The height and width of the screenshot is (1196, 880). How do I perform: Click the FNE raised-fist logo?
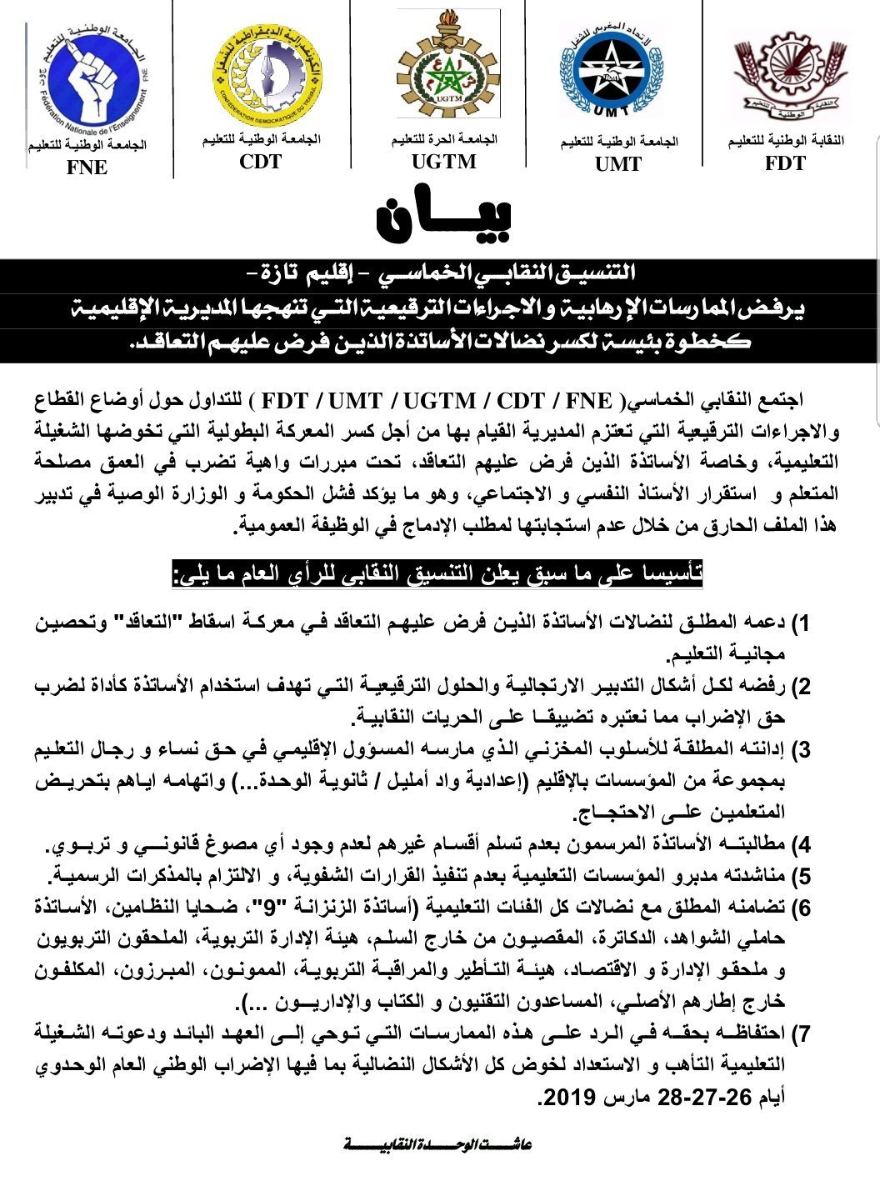click(86, 80)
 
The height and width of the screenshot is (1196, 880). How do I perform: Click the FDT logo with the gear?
click(785, 74)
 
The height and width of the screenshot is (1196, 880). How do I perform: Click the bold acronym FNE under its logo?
click(87, 168)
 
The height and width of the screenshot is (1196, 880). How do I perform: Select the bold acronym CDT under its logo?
click(260, 161)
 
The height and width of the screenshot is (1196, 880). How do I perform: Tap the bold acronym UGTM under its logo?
click(444, 161)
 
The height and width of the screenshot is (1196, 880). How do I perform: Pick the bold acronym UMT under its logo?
click(618, 164)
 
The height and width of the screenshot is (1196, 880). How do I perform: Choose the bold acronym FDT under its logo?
click(785, 163)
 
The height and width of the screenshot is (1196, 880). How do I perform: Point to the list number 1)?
click(801, 624)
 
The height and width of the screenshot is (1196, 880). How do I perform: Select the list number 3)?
click(801, 751)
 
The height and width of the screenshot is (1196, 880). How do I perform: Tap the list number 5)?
click(801, 877)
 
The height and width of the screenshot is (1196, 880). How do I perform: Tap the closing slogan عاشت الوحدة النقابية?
click(438, 1144)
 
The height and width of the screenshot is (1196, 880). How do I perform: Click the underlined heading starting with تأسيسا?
click(437, 575)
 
